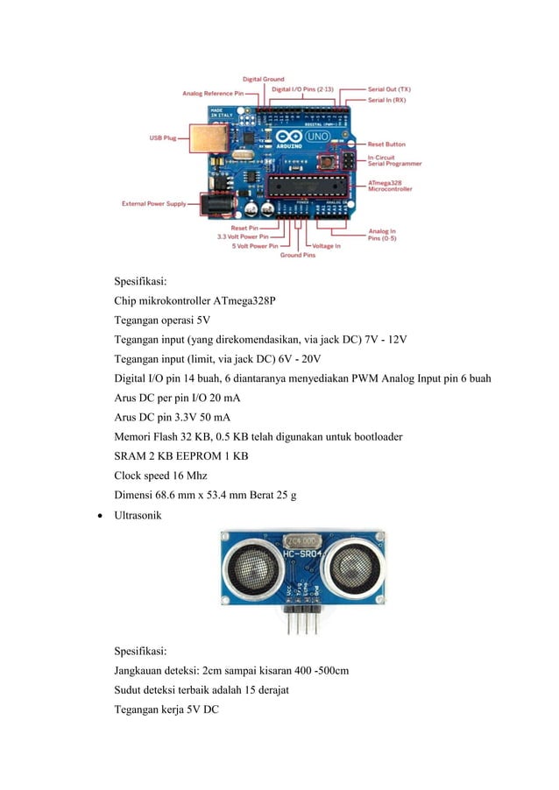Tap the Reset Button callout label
click(x=386, y=145)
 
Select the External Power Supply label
click(x=153, y=204)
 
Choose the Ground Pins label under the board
click(x=298, y=256)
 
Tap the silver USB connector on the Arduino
click(x=209, y=138)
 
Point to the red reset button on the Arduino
click(x=330, y=162)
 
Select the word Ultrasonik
click(x=138, y=517)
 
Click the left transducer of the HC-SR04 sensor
click(x=250, y=570)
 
